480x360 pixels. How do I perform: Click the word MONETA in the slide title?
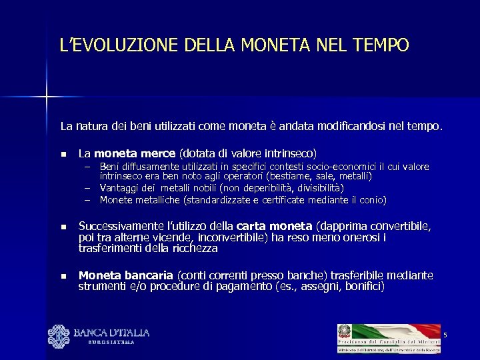click(x=275, y=45)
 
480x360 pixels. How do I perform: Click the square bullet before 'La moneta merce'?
click(x=64, y=153)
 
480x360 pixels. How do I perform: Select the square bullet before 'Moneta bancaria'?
click(x=64, y=276)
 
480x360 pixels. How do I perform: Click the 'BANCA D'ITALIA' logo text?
click(x=111, y=333)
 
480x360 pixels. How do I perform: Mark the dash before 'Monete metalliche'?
click(x=87, y=200)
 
